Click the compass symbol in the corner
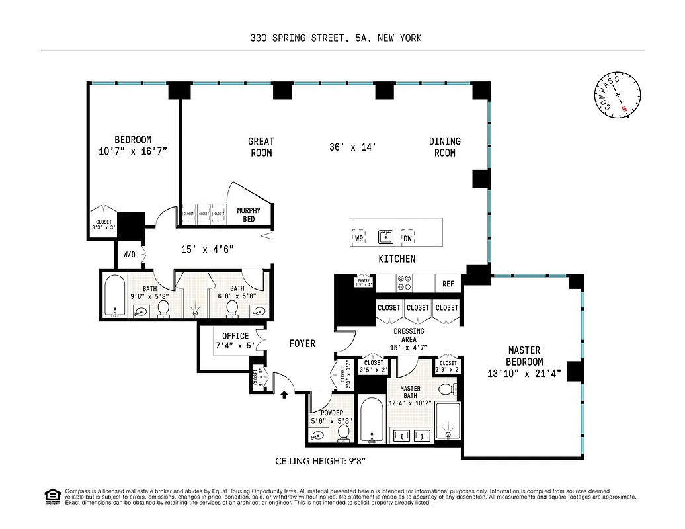[618, 97]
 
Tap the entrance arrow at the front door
[284, 395]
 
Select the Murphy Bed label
[249, 215]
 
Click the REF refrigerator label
[448, 284]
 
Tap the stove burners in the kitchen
[404, 284]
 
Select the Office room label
[235, 341]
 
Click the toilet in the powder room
[343, 433]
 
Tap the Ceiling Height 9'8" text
[321, 461]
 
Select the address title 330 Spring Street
[335, 38]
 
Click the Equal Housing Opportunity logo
[52, 495]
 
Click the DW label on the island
[407, 238]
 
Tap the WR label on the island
[360, 238]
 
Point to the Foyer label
[302, 344]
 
